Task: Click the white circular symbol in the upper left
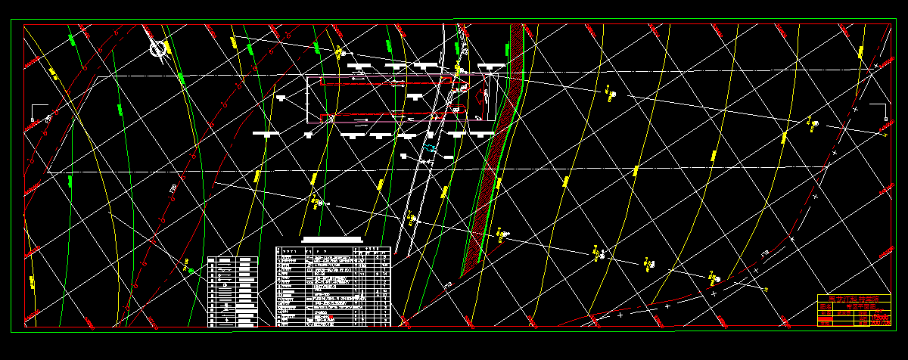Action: point(158,48)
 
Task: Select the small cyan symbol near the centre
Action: point(429,148)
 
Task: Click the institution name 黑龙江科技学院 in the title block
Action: point(854,298)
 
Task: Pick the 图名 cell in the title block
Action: point(826,306)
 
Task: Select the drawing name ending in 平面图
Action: point(861,306)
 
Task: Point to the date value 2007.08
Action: point(880,323)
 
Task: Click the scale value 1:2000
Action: point(880,318)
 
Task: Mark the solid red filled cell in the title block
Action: point(826,318)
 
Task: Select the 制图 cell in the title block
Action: point(826,313)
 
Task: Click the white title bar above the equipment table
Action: point(333,240)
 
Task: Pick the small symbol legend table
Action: point(232,291)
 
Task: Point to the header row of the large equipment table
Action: point(333,249)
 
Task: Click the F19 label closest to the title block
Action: point(765,252)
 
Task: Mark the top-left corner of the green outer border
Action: point(11,20)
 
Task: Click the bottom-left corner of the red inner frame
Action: point(24,327)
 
